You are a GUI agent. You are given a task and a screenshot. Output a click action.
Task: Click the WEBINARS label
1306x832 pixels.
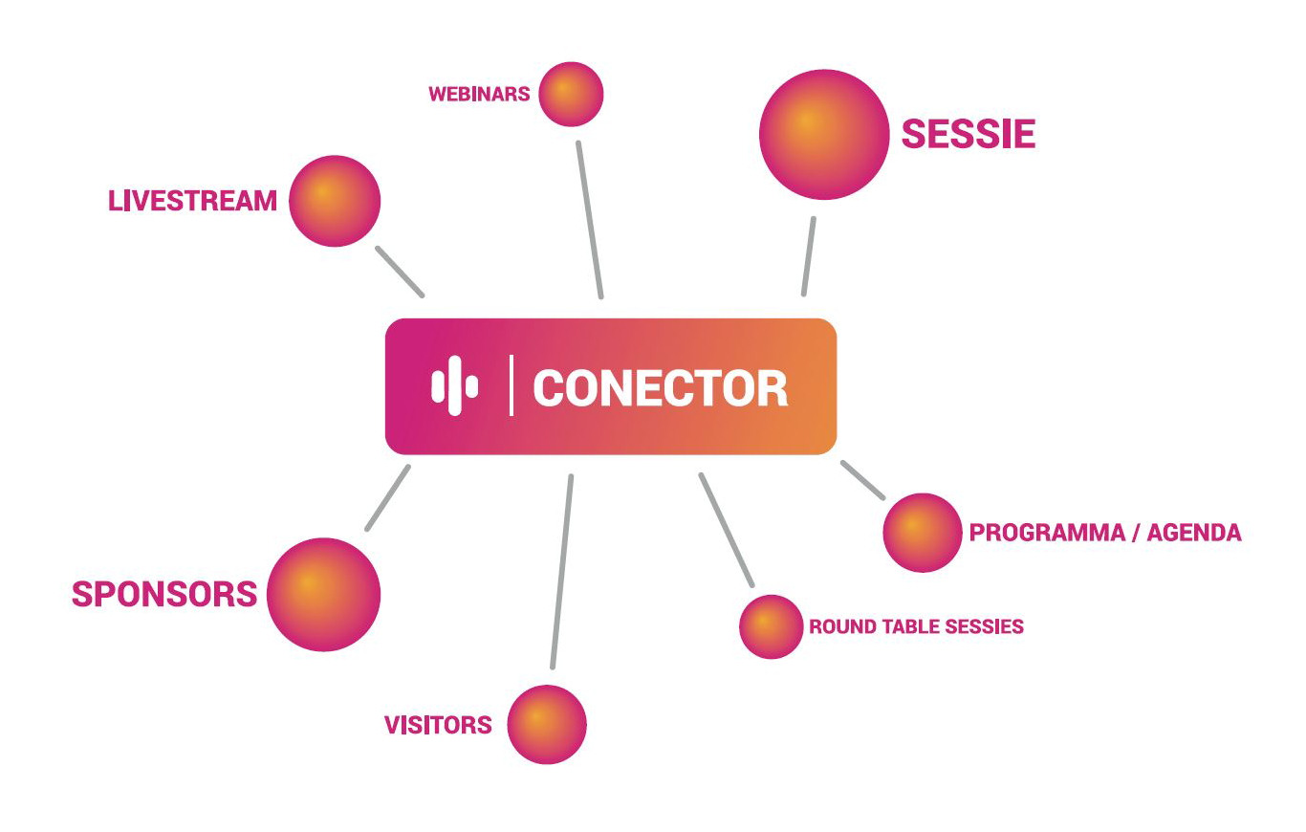479,94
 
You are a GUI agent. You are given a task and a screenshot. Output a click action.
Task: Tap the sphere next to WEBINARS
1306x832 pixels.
571,94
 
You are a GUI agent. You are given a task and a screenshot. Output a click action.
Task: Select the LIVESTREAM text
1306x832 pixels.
192,201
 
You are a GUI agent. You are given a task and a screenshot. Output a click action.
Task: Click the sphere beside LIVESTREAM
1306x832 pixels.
335,201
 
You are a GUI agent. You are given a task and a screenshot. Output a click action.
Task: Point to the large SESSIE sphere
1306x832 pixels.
824,135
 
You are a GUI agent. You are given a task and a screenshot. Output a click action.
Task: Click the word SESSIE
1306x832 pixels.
969,134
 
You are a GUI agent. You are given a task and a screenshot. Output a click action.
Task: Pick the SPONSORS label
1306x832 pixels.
164,594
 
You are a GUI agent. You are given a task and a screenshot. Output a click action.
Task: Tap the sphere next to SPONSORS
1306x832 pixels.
323,594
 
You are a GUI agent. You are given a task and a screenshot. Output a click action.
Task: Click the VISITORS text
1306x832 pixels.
438,725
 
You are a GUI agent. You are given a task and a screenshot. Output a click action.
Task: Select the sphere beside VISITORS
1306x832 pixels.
547,724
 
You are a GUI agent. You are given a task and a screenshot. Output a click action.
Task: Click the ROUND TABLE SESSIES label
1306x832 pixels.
916,626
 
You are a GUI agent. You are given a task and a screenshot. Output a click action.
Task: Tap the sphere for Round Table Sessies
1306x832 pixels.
771,626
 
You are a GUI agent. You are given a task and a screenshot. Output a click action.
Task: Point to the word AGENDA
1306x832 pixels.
1194,533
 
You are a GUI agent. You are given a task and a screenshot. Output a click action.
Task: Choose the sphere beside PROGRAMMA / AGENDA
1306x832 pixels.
923,533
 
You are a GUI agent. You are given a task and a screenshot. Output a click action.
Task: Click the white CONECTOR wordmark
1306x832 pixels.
661,388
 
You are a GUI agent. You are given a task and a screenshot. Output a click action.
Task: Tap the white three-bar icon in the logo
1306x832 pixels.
455,386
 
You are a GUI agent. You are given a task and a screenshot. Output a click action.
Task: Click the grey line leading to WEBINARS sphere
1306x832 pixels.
590,220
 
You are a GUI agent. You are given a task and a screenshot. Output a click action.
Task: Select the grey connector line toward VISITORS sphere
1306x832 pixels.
561,572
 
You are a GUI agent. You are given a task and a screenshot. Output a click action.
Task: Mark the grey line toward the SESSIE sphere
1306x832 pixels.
809,256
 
